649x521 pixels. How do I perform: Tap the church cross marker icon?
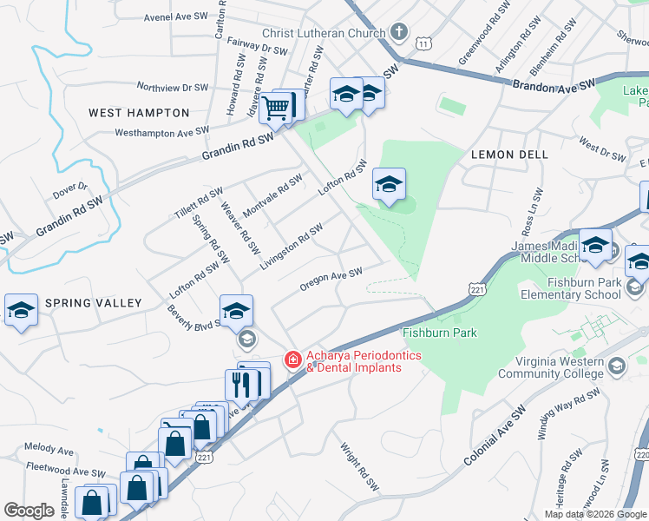point(398,33)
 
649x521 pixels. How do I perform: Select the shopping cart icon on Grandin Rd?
point(276,109)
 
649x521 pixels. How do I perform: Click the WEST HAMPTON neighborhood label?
point(139,113)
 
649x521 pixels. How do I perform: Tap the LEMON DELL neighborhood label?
point(509,154)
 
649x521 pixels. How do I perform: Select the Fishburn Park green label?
point(439,333)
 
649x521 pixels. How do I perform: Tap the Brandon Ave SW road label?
point(553,85)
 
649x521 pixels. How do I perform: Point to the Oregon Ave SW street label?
point(330,279)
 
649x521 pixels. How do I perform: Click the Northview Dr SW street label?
point(173,88)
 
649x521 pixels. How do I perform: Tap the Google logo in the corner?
point(29,511)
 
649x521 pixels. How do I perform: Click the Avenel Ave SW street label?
point(177,16)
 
